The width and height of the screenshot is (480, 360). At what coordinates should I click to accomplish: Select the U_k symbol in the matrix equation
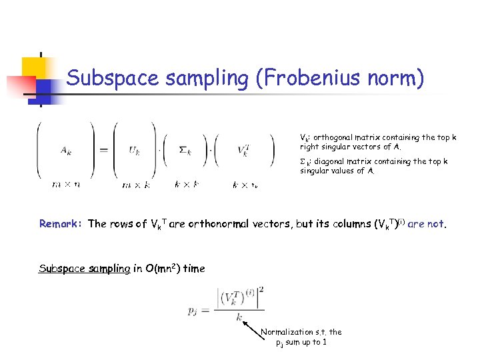point(135,151)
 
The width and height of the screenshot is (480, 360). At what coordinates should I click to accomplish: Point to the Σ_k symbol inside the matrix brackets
point(185,151)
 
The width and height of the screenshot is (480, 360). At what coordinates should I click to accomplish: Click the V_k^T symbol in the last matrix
point(243,151)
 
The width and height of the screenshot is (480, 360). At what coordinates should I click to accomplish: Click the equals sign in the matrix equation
point(104,151)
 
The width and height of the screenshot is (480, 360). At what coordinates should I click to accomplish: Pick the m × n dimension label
point(67,184)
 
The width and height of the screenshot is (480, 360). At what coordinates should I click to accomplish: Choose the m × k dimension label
point(135,184)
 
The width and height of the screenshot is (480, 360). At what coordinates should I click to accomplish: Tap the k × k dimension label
point(187,184)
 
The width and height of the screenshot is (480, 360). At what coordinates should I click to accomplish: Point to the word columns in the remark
point(337,224)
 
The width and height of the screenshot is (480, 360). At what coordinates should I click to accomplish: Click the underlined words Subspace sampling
point(85,268)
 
